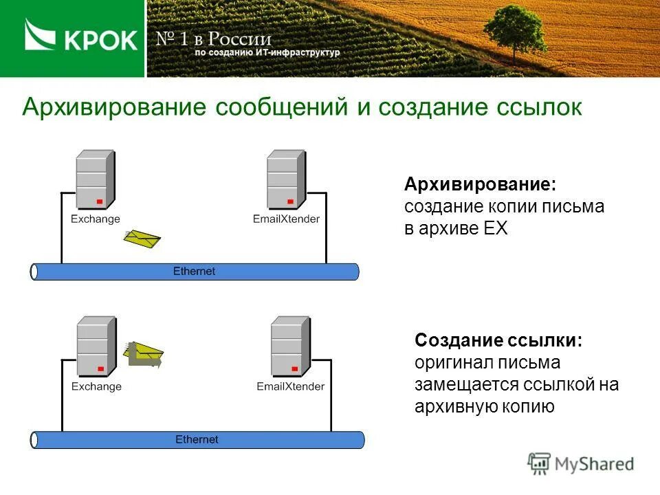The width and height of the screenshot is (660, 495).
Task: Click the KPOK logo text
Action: click(x=100, y=41)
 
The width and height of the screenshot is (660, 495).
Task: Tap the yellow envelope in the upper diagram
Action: click(x=142, y=238)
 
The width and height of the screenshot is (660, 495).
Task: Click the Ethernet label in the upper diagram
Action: click(x=194, y=272)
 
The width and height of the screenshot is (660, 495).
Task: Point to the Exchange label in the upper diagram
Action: click(x=95, y=219)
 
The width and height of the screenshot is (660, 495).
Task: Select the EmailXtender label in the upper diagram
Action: click(x=286, y=219)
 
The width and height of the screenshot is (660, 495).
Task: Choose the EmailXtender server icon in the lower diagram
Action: click(x=289, y=346)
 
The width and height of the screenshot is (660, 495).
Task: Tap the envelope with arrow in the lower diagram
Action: click(x=143, y=354)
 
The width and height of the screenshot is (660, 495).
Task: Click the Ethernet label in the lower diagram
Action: click(x=197, y=439)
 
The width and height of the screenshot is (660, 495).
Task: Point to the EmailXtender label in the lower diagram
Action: click(x=290, y=386)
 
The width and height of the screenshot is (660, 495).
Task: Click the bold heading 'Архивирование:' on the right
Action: click(x=479, y=184)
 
